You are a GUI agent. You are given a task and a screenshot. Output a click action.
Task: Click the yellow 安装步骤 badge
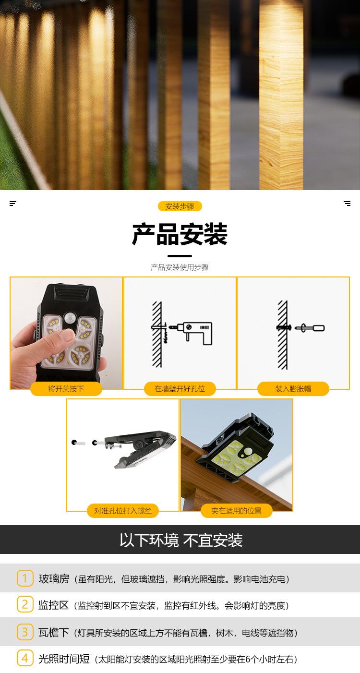click(x=180, y=206)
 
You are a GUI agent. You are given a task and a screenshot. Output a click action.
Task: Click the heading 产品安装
click(x=180, y=235)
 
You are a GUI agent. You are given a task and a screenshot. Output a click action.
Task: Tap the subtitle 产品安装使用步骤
click(x=180, y=267)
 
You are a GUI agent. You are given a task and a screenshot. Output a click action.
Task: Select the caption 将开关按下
click(x=66, y=389)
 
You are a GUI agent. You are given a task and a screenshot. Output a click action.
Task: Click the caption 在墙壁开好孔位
click(x=180, y=389)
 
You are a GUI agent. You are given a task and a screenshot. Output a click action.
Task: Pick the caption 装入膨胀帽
click(x=293, y=389)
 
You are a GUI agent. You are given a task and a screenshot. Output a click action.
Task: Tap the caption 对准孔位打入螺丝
click(x=123, y=511)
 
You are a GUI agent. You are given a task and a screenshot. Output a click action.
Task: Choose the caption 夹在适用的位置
click(x=236, y=511)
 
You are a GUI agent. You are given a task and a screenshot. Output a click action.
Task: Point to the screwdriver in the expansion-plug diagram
click(x=310, y=328)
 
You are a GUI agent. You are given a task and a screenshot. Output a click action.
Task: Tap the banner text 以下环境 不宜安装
click(x=180, y=540)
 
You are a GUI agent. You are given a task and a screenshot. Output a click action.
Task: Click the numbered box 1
click(x=24, y=578)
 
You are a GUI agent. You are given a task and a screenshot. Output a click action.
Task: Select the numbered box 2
click(x=24, y=605)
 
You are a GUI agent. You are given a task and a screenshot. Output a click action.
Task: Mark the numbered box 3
click(x=24, y=632)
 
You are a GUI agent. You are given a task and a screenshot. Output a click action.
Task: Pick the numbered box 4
click(x=24, y=659)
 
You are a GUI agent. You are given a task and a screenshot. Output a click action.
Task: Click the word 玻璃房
click(x=54, y=579)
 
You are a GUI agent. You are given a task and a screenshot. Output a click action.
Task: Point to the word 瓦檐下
click(x=54, y=633)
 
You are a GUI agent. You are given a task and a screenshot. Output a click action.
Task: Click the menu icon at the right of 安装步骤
click(x=347, y=204)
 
